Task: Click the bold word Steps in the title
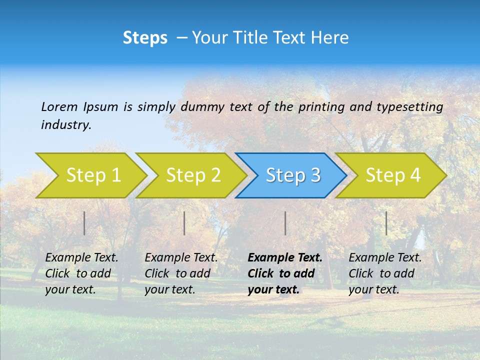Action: tap(145, 38)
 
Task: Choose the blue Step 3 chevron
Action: tap(293, 175)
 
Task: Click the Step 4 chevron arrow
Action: tap(393, 175)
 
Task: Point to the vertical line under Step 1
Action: tap(84, 223)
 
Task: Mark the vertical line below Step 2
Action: tap(184, 223)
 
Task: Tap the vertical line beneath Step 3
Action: tap(285, 223)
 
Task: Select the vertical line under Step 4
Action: tap(386, 223)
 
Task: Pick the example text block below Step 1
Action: tap(81, 273)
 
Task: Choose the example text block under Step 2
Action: tap(181, 273)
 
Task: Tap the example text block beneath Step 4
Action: tap(385, 273)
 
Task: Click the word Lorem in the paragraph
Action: tap(59, 107)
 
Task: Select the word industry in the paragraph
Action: tap(66, 125)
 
